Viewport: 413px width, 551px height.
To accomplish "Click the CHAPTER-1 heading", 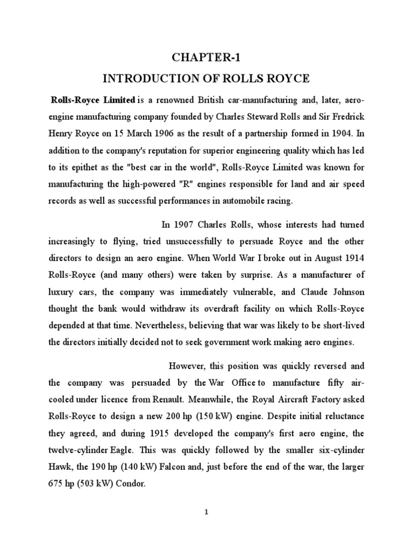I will coord(206,58).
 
